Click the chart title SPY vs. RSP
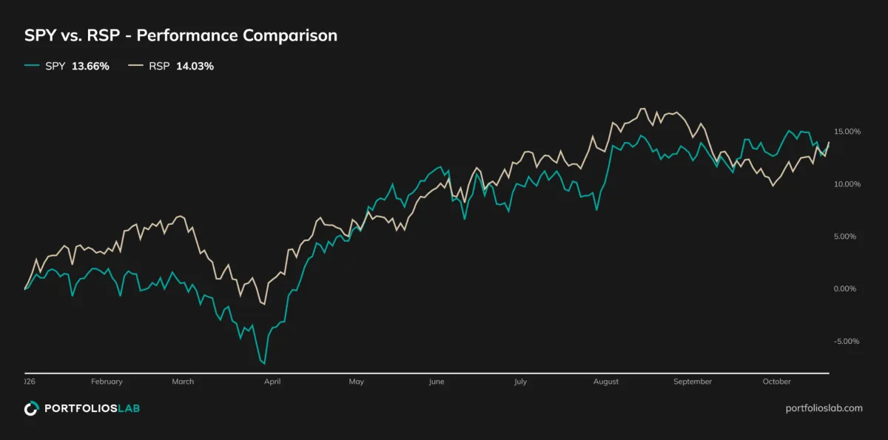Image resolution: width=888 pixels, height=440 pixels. [73, 35]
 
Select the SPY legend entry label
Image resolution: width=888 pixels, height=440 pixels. [55, 66]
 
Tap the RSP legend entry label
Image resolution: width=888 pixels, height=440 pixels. [159, 66]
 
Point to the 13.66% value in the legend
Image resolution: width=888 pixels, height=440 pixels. [90, 66]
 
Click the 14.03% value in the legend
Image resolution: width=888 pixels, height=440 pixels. [195, 66]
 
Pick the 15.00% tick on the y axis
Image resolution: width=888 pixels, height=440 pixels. [847, 132]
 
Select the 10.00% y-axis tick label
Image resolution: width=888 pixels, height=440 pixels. [847, 184]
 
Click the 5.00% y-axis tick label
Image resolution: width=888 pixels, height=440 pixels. [845, 237]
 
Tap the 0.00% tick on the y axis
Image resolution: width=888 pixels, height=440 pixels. [845, 288]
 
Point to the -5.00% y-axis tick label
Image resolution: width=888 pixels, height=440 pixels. [847, 342]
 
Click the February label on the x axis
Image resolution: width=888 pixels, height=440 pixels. [107, 382]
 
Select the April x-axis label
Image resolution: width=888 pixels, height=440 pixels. [272, 382]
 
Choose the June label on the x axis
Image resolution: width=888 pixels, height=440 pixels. [437, 382]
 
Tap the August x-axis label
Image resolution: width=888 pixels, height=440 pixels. [606, 382]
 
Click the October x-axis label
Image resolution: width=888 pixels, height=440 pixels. [776, 382]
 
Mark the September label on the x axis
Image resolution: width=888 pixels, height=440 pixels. [693, 382]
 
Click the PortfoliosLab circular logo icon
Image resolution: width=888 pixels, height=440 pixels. [32, 408]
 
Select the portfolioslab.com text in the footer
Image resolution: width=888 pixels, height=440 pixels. [824, 408]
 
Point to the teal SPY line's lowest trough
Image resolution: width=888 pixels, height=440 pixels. [264, 364]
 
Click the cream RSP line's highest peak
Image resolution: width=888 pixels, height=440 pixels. [643, 109]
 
